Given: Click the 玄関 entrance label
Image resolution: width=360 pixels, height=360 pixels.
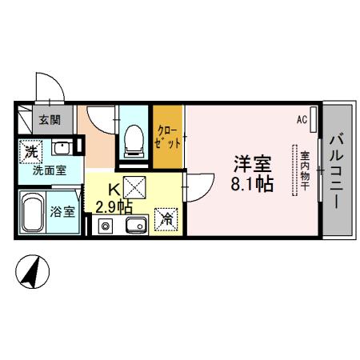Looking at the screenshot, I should coord(49,120).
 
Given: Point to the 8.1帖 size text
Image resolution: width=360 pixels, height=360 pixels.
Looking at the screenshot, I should coord(252,185).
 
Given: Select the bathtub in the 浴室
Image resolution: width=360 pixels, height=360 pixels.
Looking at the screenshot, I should coord(32,213).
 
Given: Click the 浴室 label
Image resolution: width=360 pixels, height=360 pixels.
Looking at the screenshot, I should coord(62,213).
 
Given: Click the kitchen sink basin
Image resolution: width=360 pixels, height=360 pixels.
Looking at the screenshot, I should coord(134,225).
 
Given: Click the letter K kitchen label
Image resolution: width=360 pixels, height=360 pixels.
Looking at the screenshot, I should coord(113,191).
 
